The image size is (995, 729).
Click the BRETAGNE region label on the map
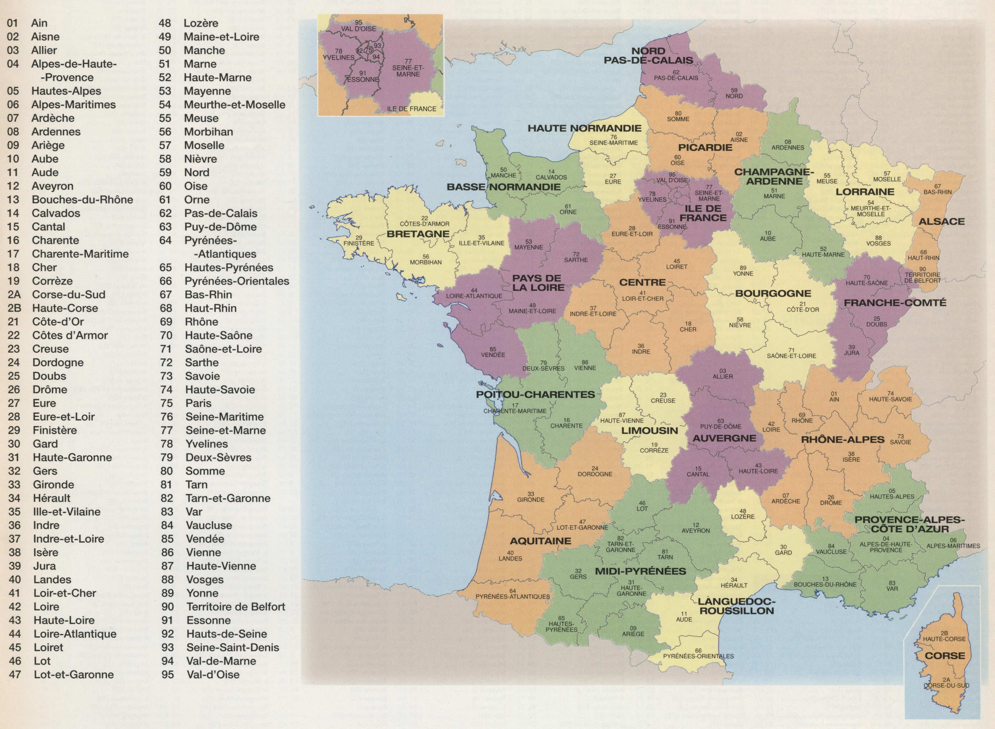[418, 234]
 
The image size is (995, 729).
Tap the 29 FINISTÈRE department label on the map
[359, 241]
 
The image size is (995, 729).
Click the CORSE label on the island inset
[945, 656]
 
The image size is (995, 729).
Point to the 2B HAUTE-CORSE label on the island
[944, 636]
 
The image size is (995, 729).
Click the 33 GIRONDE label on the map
[531, 497]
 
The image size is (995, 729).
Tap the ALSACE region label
[942, 221]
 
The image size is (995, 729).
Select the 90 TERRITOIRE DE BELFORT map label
[923, 274]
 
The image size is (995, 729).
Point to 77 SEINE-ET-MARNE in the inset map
[408, 68]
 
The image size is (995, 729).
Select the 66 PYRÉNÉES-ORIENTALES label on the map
[698, 653]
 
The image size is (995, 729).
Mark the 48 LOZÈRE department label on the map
[742, 514]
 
